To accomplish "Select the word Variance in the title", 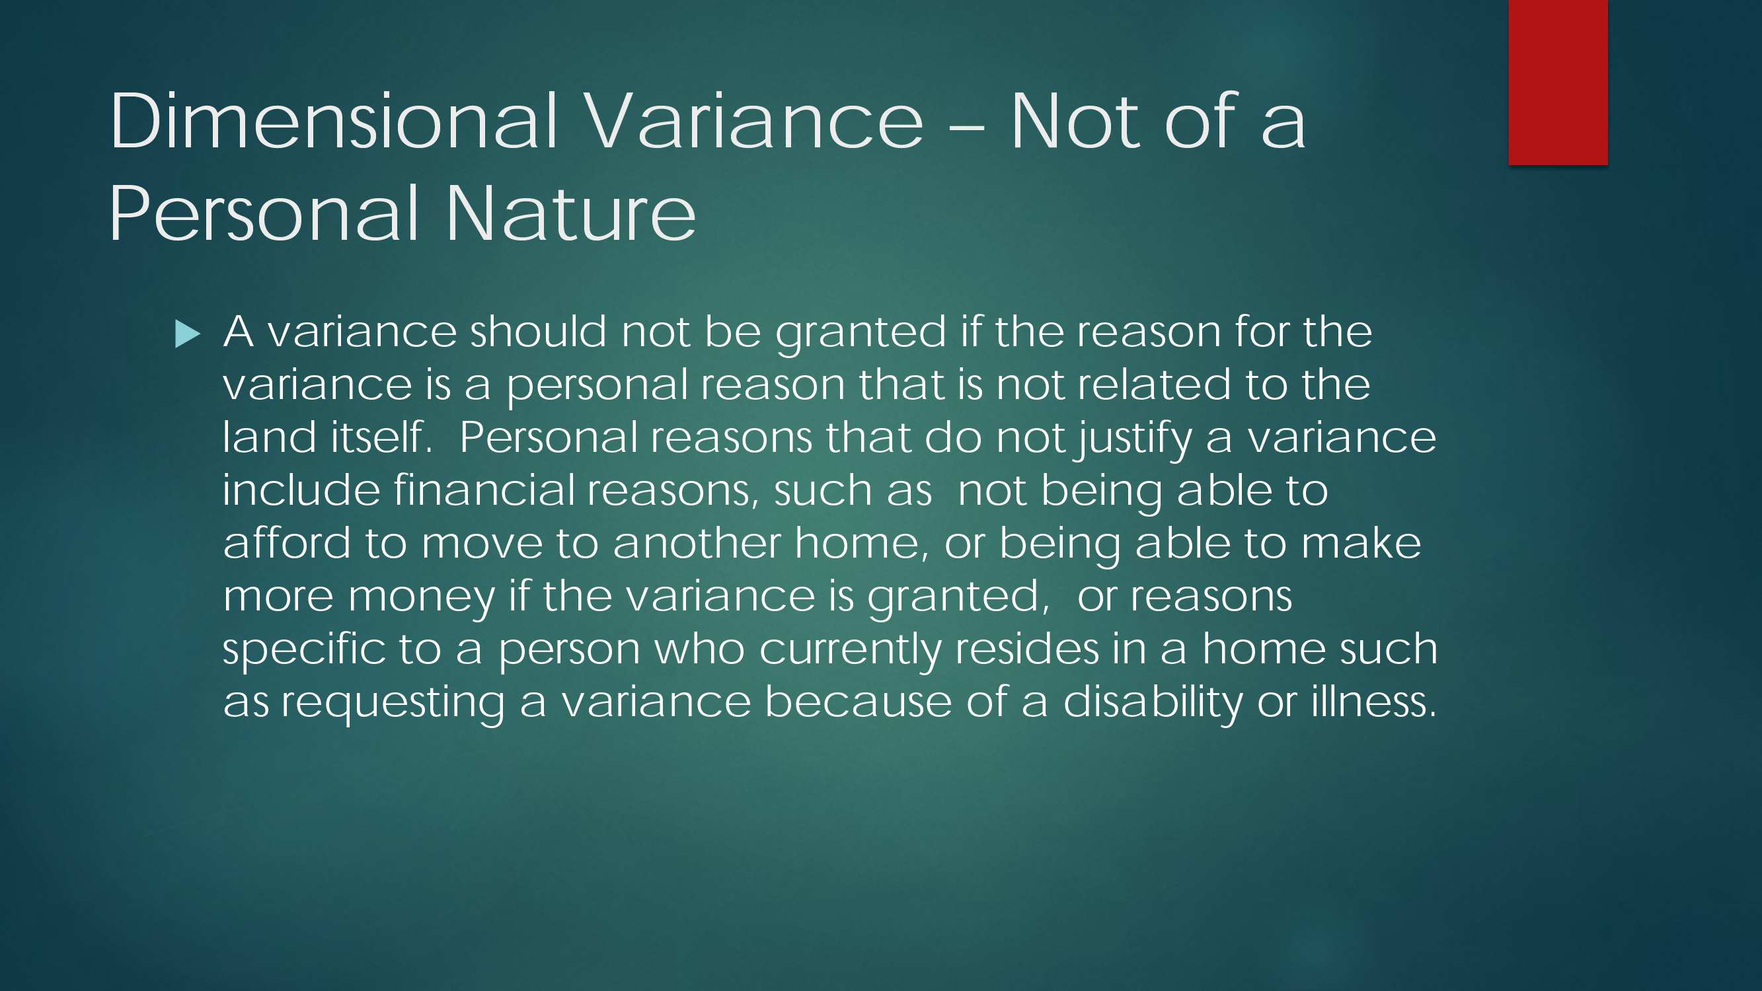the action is pyautogui.click(x=754, y=121).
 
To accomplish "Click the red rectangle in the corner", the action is pyautogui.click(x=1558, y=82).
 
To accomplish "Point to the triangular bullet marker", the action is pyautogui.click(x=188, y=334).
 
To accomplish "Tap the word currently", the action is pyautogui.click(x=850, y=649).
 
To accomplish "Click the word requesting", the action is pyautogui.click(x=393, y=704).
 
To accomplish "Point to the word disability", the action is pyautogui.click(x=1153, y=704).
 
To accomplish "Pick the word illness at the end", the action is pyautogui.click(x=1373, y=702).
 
